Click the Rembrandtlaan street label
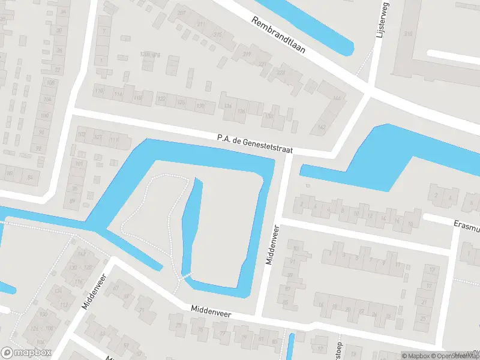[x=279, y=35]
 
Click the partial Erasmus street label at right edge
[x=466, y=226]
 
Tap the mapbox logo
[x=26, y=352]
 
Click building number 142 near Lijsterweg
[x=322, y=127]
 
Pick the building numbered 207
[x=181, y=13]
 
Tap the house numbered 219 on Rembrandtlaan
[x=247, y=54]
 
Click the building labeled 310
[x=409, y=34]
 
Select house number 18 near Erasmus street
[x=410, y=223]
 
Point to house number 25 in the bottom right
[x=424, y=318]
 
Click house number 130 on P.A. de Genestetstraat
[x=200, y=106]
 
